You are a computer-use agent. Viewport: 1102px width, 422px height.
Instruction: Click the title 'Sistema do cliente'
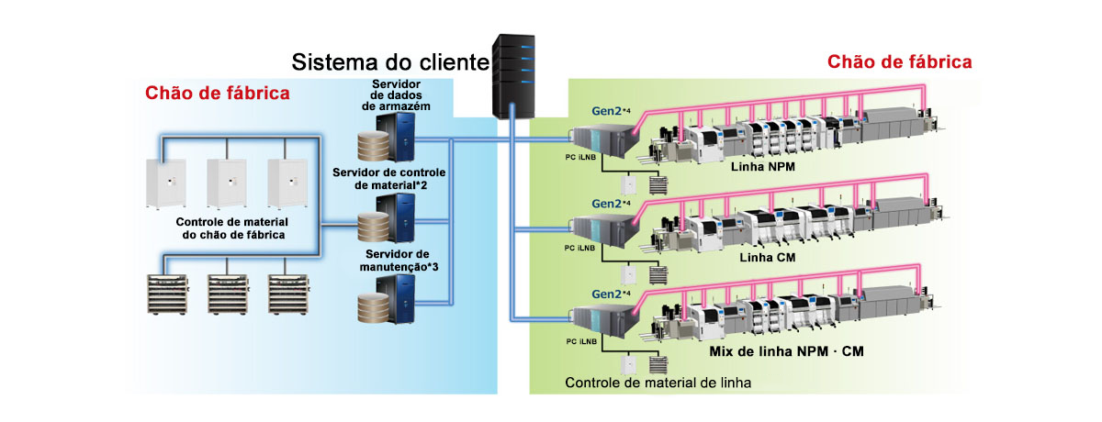pos(389,63)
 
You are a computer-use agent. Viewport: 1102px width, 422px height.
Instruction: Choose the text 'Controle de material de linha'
pos(658,383)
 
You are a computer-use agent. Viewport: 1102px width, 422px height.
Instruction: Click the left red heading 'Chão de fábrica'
pos(218,93)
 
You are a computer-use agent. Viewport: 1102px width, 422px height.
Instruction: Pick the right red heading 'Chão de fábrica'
pos(900,62)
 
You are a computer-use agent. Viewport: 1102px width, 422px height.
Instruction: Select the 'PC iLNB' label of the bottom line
pos(581,340)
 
